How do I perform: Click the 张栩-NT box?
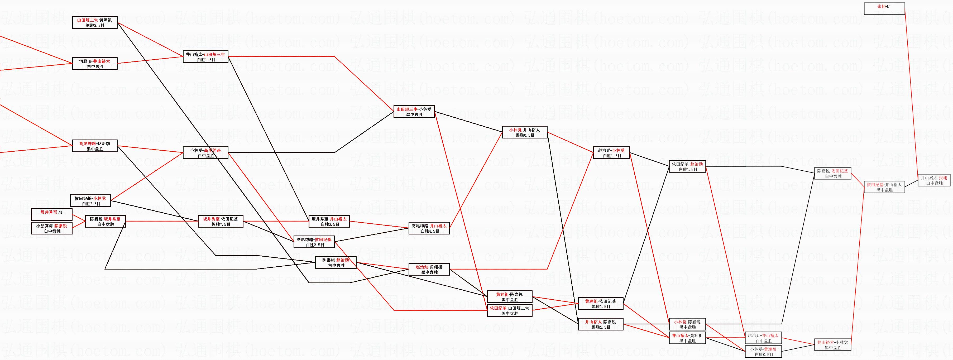coord(884,8)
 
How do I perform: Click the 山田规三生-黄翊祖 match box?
coord(94,23)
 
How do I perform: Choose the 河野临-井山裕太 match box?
coord(94,64)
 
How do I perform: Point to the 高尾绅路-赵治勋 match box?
coord(94,146)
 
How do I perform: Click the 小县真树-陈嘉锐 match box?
coord(51,228)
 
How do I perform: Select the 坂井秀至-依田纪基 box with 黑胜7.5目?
coord(221,221)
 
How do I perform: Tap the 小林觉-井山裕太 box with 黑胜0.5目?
coord(525,132)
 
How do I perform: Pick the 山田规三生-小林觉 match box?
coord(414,112)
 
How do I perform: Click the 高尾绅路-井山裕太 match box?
coord(429,228)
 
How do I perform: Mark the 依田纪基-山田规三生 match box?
coord(509,310)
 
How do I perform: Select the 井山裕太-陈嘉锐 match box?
coord(600,324)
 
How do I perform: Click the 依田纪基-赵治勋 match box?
coord(687,166)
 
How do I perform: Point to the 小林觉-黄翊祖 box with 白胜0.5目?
coord(763,352)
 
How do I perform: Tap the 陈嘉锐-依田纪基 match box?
coord(832,173)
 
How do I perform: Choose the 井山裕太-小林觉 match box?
coord(832,345)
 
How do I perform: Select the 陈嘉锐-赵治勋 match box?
coord(336,262)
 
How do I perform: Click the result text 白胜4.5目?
coord(429,231)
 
